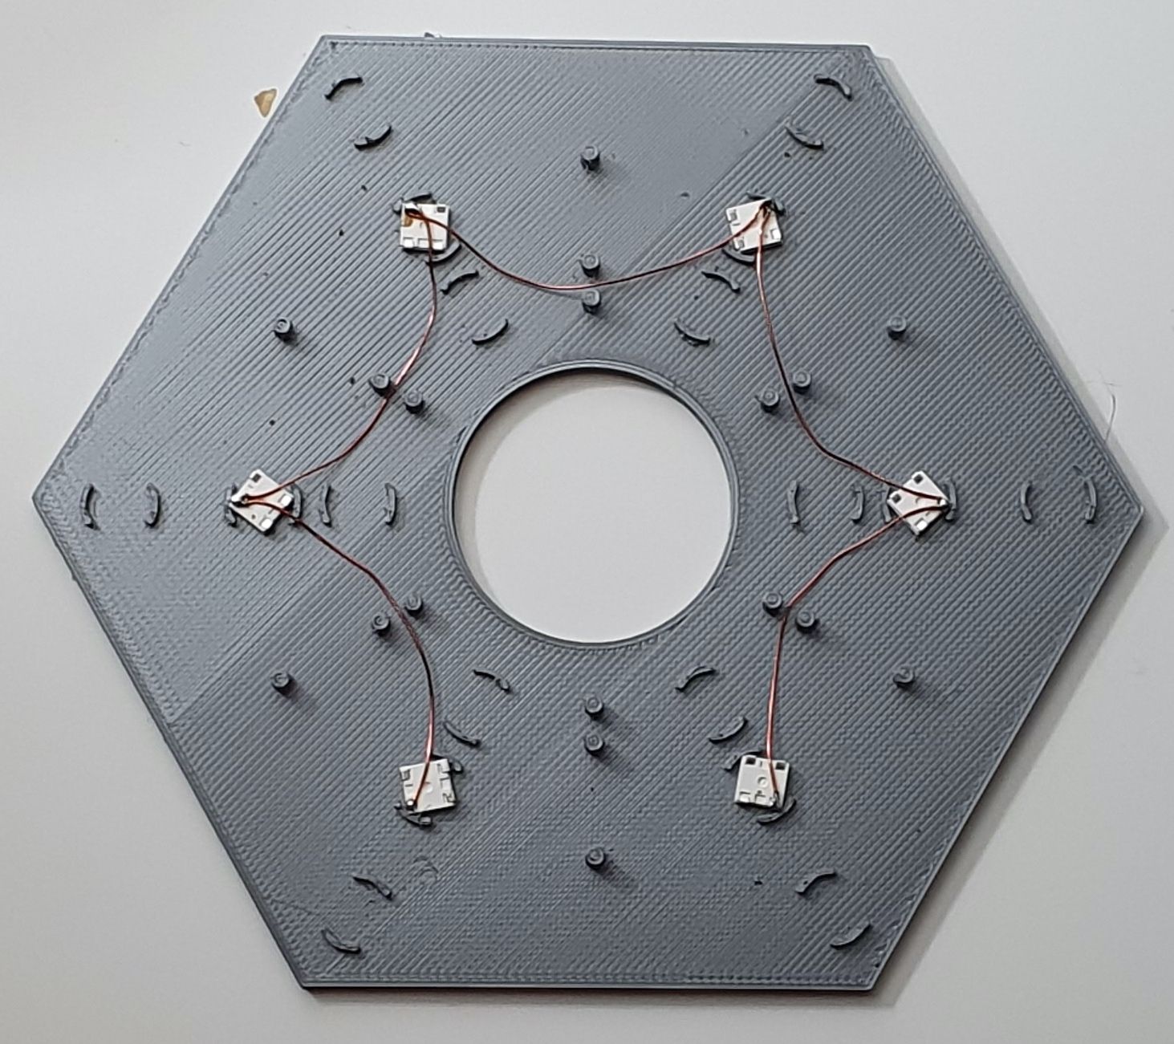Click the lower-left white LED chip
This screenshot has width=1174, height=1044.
point(427,784)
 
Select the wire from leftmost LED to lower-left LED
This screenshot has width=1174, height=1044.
point(401,626)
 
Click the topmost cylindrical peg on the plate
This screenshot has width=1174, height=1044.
point(591,156)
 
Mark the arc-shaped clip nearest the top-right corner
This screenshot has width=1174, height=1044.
point(832,85)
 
